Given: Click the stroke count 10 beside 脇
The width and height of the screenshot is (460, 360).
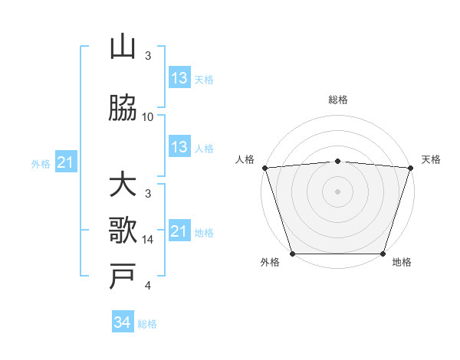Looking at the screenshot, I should (x=148, y=117).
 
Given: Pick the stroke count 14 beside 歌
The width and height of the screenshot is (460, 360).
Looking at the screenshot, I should (x=148, y=240).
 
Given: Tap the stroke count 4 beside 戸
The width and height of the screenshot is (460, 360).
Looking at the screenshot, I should (x=148, y=286).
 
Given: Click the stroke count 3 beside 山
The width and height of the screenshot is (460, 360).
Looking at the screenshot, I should (x=148, y=56).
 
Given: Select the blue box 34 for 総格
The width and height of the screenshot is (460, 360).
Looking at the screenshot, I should (x=122, y=322).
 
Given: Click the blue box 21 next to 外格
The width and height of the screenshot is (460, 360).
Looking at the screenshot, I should (x=65, y=162).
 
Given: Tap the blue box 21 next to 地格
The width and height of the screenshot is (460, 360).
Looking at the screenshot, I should (x=179, y=231).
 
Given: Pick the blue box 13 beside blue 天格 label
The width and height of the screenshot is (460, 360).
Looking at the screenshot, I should (x=179, y=78).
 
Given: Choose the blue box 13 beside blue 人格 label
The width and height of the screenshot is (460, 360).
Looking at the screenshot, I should (x=179, y=147).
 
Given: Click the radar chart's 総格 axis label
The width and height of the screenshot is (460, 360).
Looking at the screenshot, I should (x=337, y=100).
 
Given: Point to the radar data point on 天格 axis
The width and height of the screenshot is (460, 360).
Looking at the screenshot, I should (x=410, y=168).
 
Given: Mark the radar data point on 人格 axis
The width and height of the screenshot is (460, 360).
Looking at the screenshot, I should (x=264, y=168).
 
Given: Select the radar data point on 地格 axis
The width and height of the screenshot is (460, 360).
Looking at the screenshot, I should (x=383, y=254).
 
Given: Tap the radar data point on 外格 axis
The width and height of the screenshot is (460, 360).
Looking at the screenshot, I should (x=292, y=254).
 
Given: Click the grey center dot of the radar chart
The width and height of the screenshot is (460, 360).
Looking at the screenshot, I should (x=337, y=191).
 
